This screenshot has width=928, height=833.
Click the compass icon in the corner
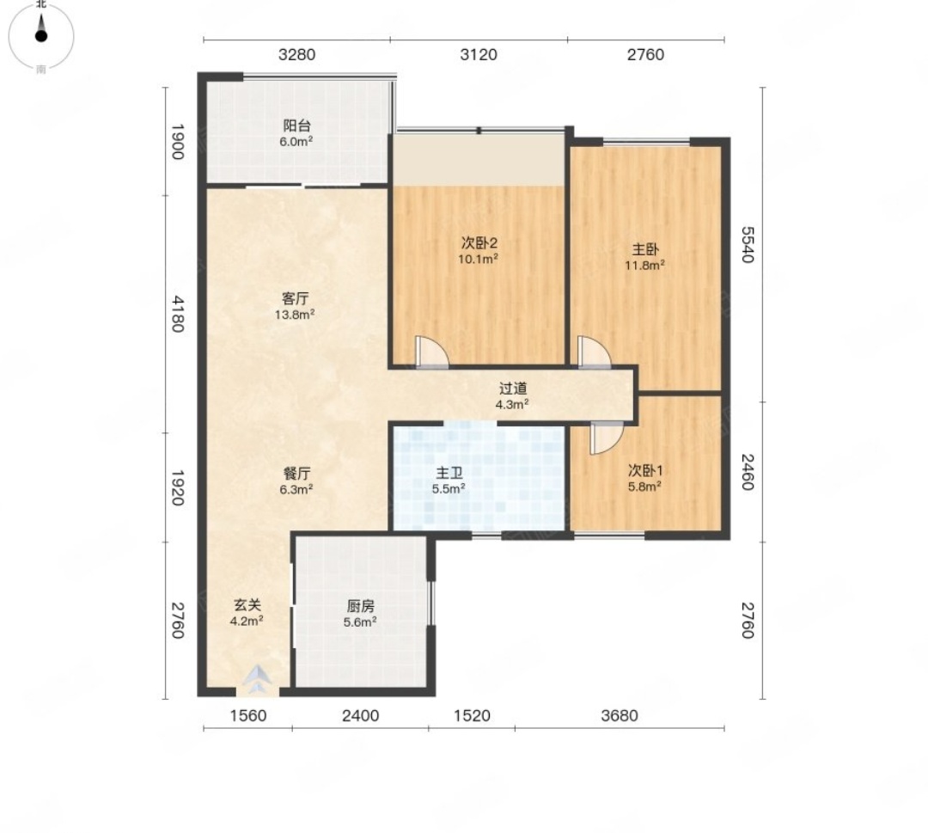click(x=41, y=36)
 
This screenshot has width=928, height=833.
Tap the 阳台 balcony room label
click(x=296, y=126)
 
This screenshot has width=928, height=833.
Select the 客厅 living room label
click(x=294, y=298)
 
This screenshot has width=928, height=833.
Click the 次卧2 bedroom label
click(x=479, y=242)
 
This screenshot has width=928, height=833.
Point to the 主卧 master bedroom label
click(x=644, y=249)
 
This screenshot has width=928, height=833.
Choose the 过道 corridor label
click(x=512, y=389)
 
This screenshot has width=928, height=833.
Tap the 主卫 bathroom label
click(x=449, y=473)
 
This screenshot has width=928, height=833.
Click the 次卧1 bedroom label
click(x=644, y=471)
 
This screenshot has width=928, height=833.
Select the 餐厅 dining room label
click(x=296, y=474)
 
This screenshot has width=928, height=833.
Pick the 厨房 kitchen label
click(x=360, y=606)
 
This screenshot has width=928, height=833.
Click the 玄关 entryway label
click(x=247, y=605)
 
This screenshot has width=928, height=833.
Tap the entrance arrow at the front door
click(x=258, y=680)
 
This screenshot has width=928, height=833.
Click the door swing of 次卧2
click(x=431, y=352)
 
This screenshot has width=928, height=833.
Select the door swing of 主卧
click(x=595, y=352)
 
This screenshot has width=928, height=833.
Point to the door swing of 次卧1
click(x=607, y=438)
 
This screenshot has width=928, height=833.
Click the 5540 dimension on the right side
click(x=747, y=244)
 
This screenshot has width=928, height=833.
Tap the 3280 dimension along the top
click(x=296, y=54)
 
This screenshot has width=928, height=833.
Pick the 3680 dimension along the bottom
click(x=619, y=716)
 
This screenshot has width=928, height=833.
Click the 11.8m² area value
click(x=644, y=266)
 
